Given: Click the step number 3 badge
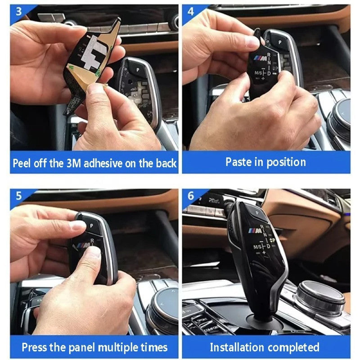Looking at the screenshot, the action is (18, 12).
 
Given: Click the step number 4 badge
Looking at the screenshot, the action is (190, 12).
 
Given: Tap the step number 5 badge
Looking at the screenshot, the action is (18, 196).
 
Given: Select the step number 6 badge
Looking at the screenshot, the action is (191, 196).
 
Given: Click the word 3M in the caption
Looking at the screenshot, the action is (74, 163).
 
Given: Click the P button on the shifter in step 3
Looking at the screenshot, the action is (137, 70).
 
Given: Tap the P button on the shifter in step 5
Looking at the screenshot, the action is (91, 226).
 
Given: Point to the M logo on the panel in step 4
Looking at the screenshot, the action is (261, 58).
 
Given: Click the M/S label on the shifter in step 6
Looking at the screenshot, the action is (257, 247).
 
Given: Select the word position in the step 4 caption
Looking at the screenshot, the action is (286, 162).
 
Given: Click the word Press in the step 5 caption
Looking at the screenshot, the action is (34, 347).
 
